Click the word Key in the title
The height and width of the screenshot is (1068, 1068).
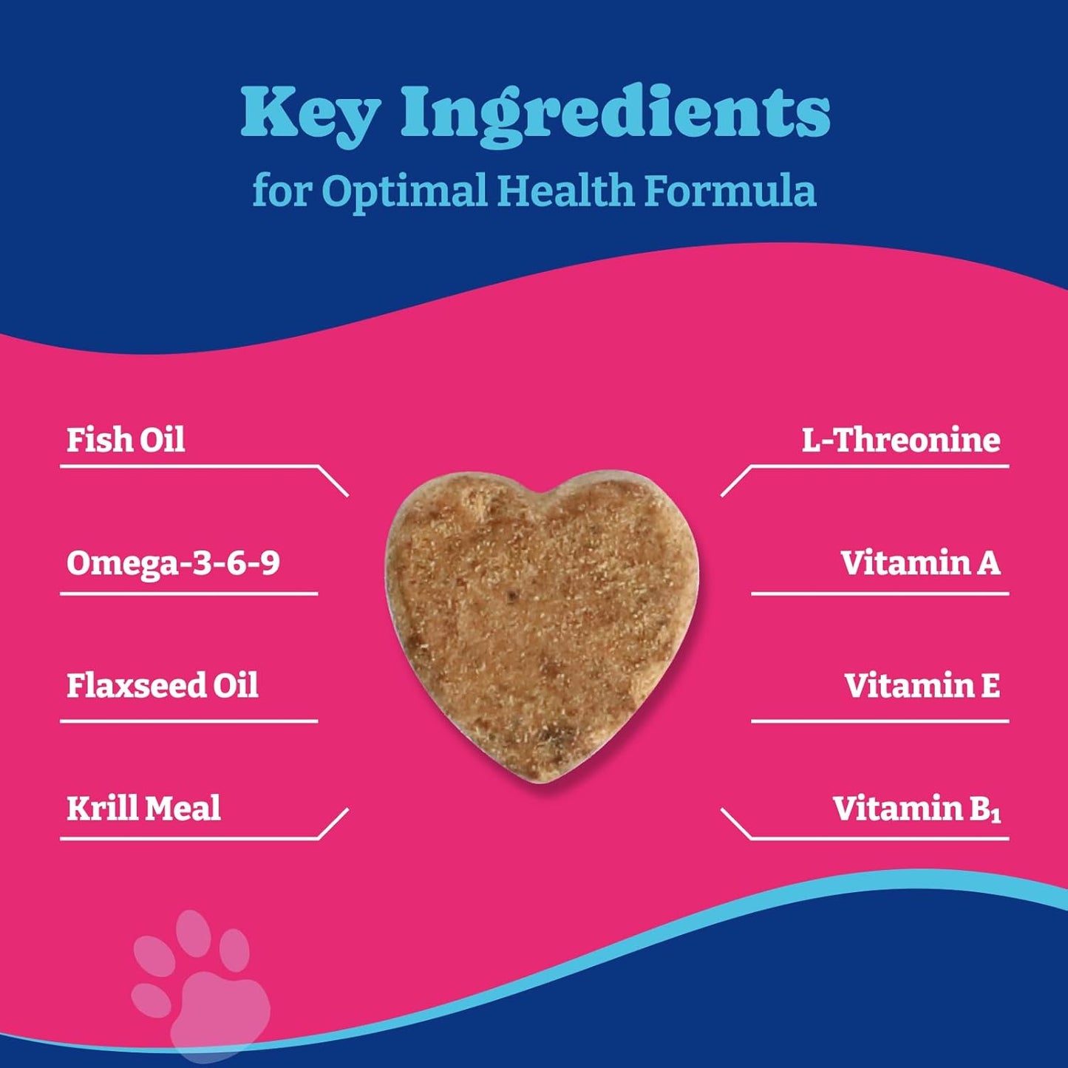pos(310,113)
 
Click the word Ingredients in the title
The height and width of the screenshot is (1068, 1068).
pos(616,113)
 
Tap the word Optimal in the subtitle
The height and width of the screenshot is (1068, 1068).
pos(404,191)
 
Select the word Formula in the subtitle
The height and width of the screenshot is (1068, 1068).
pos(729,191)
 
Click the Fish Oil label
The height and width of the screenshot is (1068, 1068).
pos(126,440)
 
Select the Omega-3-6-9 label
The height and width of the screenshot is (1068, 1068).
pos(173,563)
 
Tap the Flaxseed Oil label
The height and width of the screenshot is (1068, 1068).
pos(163,685)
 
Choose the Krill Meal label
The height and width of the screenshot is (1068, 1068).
pos(143,808)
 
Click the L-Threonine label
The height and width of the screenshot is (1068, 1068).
pos(901,440)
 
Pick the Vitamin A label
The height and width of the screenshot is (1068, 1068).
pos(920,563)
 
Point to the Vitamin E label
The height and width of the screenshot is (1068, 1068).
pos(922,685)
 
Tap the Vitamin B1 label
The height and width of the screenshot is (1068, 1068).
pos(916,808)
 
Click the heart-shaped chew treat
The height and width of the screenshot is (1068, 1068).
pos(541,625)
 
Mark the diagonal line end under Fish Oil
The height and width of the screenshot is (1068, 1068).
pos(347,494)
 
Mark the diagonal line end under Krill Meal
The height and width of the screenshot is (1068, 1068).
pos(347,811)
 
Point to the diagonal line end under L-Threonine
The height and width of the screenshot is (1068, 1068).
pos(722,494)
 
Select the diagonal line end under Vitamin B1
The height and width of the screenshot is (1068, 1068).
pos(722,811)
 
